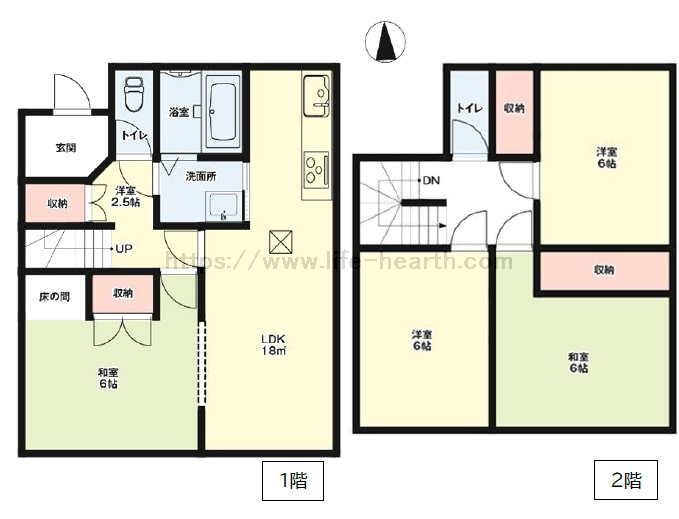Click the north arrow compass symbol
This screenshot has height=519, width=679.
pos(385,42)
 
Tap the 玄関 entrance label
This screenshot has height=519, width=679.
pos(66,148)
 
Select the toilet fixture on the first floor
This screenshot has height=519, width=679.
pos(134,94)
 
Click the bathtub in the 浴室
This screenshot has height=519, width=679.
pos(223,112)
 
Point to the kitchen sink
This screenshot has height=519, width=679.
pos(317,96)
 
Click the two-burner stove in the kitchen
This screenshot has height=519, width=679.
pos(317,169)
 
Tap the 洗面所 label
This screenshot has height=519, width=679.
pos(200,176)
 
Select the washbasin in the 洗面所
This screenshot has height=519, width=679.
pos(223,207)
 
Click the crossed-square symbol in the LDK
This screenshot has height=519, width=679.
pos(281,242)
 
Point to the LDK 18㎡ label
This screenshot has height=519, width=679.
pos(273,345)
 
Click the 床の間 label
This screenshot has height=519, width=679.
pos(54,297)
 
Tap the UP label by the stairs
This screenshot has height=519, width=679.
pos(123,249)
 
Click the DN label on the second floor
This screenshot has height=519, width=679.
pos(431,180)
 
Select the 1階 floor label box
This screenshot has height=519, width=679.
pos(293,480)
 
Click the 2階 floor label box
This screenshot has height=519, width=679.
pos(626,480)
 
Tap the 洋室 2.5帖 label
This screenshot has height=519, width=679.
pos(126,196)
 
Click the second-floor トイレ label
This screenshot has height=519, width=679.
pos(469,108)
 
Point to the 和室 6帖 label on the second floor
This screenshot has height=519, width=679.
pos(579,363)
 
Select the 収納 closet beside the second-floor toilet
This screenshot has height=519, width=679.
pos(514,111)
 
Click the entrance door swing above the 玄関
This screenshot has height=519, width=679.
pos(71,93)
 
